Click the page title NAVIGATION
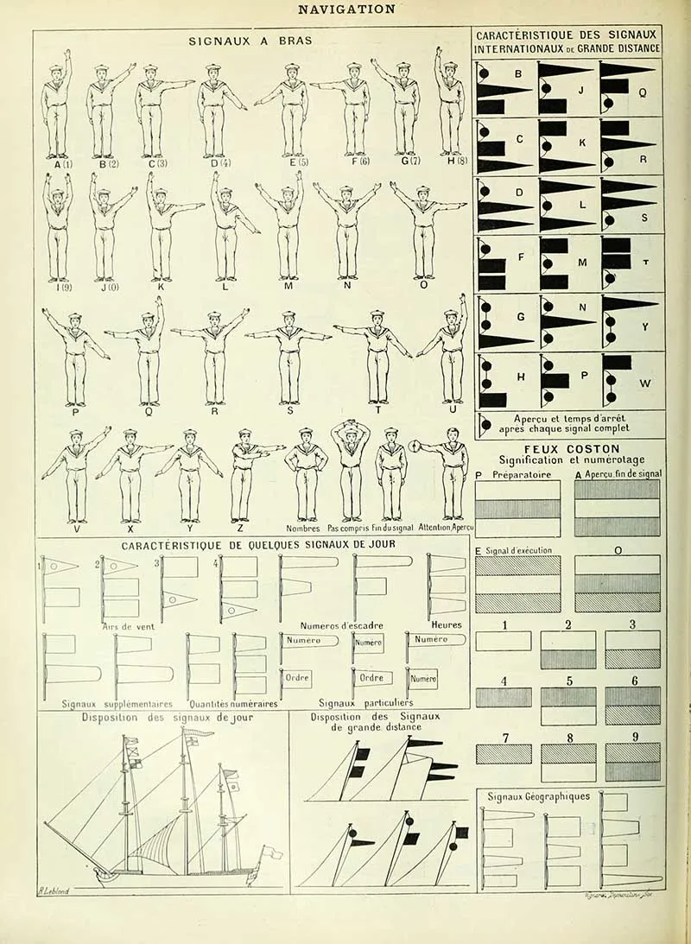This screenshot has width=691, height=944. click(x=345, y=10)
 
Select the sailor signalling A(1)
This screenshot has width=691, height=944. click(x=57, y=108)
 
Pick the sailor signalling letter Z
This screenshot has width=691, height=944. click(x=245, y=475)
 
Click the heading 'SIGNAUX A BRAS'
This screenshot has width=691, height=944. click(x=250, y=40)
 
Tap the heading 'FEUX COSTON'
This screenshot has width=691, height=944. click(x=571, y=449)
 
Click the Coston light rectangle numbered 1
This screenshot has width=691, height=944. click(x=503, y=641)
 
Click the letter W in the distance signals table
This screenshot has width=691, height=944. click(x=645, y=383)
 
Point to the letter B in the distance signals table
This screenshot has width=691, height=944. click(x=518, y=74)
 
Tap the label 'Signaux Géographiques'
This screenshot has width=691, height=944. click(x=539, y=796)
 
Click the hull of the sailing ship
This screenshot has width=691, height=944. click(x=173, y=874)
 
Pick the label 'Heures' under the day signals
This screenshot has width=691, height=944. click(x=447, y=624)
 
